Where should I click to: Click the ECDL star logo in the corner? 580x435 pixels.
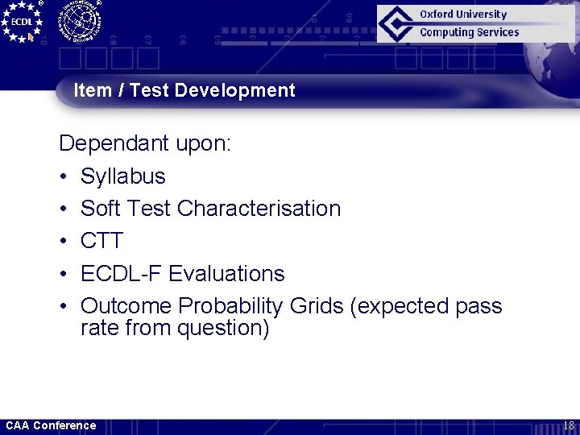point(22,21)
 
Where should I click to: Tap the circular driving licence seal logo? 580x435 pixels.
point(78,20)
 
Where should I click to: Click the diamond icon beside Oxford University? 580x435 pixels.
point(397,23)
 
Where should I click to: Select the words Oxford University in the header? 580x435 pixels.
point(463,14)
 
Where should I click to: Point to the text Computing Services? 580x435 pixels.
point(469,32)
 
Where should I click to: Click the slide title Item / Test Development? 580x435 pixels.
point(184,90)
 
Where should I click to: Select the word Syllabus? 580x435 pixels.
point(122,176)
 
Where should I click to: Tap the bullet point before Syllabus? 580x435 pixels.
point(64,176)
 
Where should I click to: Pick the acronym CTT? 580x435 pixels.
point(101,241)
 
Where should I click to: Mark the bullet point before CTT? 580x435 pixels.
point(64,241)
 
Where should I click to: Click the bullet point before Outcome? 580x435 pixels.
point(64,306)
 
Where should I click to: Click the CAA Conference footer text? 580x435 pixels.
point(51,425)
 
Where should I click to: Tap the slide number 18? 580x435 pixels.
point(568,425)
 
